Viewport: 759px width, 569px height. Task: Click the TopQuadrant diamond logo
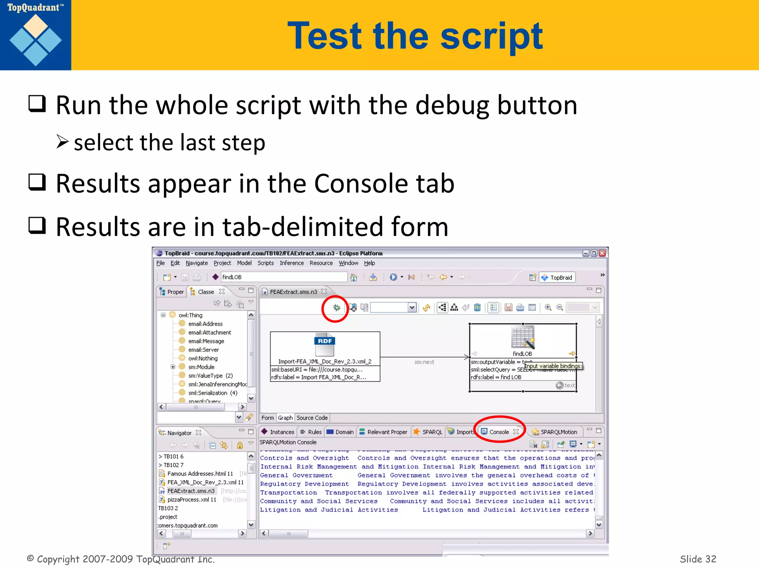click(x=36, y=40)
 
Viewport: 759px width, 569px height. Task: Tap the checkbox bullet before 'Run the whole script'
click(x=37, y=104)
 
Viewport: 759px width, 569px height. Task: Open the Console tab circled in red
click(x=499, y=432)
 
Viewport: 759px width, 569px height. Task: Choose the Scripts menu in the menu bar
click(x=265, y=263)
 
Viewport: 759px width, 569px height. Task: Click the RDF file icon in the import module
click(x=325, y=345)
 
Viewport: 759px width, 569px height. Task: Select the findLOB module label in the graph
click(x=522, y=354)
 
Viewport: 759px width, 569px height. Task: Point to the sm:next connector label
click(x=424, y=362)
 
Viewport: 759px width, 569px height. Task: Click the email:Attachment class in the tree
click(x=209, y=333)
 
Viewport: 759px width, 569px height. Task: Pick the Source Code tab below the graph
click(x=312, y=418)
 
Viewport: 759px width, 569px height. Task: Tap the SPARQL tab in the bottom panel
click(x=432, y=432)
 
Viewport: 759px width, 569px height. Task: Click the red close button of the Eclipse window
click(x=602, y=253)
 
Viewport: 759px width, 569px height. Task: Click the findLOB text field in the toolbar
click(x=284, y=277)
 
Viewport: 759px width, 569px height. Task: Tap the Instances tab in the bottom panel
click(x=282, y=432)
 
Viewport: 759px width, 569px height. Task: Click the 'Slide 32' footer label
click(x=697, y=559)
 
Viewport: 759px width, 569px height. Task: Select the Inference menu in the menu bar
click(x=292, y=263)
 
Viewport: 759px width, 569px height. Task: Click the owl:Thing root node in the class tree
click(x=190, y=315)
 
